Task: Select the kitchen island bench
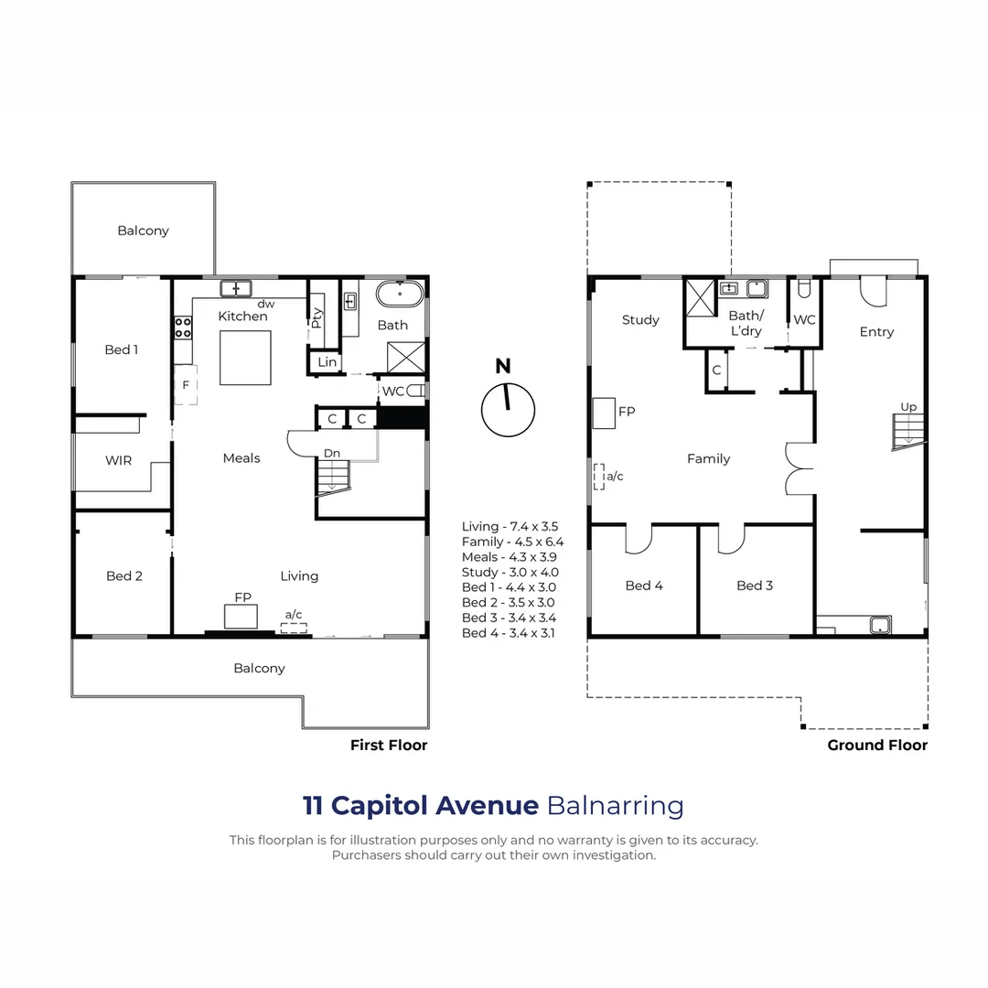click(x=245, y=358)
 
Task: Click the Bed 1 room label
click(x=121, y=349)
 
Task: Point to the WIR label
click(x=118, y=460)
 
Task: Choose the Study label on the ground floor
click(x=640, y=319)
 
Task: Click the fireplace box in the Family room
click(x=604, y=413)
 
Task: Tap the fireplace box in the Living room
click(x=242, y=617)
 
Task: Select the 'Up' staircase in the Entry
click(x=908, y=431)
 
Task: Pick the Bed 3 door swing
click(x=732, y=541)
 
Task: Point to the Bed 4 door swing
click(x=638, y=541)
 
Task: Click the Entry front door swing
click(x=872, y=291)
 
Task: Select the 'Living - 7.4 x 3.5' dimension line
click(x=510, y=526)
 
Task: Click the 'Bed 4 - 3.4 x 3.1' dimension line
click(x=509, y=633)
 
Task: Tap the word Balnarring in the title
click(x=615, y=806)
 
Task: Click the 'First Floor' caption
click(x=389, y=745)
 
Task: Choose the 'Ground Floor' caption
click(x=877, y=745)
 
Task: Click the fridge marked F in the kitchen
click(x=186, y=385)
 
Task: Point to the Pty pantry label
click(x=317, y=317)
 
